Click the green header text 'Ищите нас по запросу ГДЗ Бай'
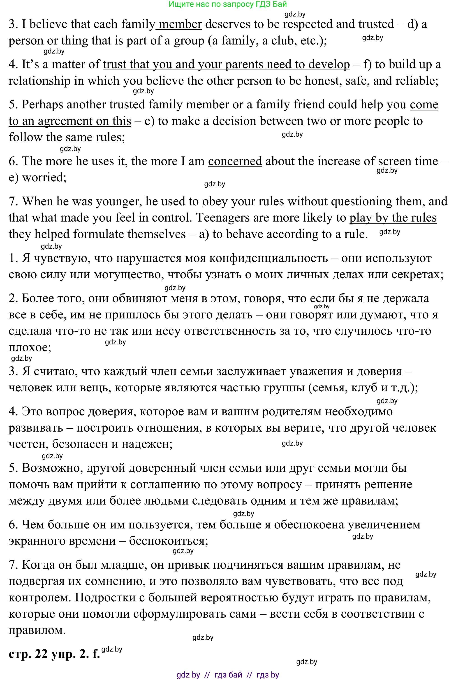pyautogui.click(x=228, y=4)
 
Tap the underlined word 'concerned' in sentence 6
pyautogui.click(x=235, y=161)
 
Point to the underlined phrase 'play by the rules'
pyautogui.click(x=393, y=218)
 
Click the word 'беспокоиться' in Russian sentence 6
pyautogui.click(x=168, y=541)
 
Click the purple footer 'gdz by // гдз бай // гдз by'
pyautogui.click(x=228, y=675)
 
